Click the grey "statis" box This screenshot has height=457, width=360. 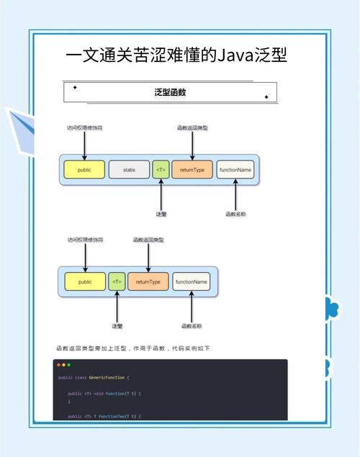tap(129, 170)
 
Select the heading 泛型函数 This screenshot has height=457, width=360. tap(171, 93)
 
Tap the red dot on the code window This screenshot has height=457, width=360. tap(59, 365)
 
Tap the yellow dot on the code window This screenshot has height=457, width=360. tap(64, 365)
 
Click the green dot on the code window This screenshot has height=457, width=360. tap(69, 365)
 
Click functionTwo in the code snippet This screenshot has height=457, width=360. tap(114, 416)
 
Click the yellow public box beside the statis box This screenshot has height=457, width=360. tap(84, 170)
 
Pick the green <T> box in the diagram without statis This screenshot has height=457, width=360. tap(117, 281)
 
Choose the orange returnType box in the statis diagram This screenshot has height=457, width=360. tap(192, 170)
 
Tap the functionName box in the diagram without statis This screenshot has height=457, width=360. tap(192, 281)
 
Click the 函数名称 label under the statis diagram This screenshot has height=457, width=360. tap(235, 214)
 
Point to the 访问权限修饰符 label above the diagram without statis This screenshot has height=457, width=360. tap(85, 239)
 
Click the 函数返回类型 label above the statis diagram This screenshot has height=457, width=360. tap(192, 127)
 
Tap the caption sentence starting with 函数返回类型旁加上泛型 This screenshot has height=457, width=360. tap(132, 348)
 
